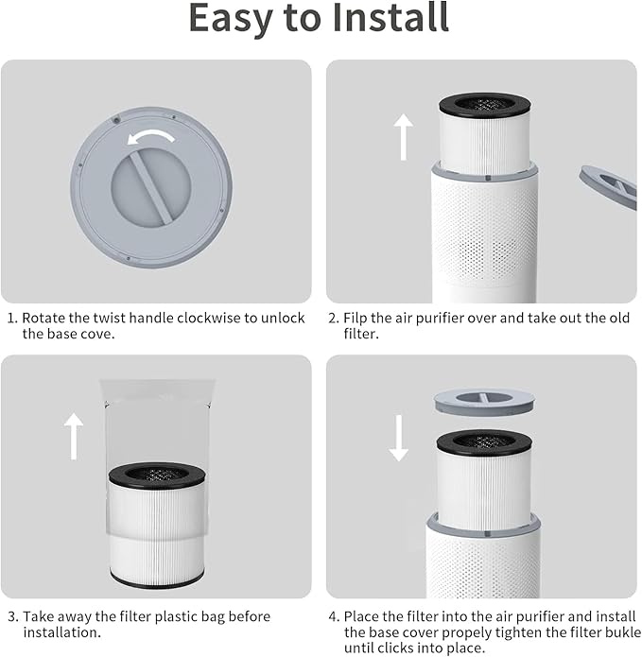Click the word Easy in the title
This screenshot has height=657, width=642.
pos(227,19)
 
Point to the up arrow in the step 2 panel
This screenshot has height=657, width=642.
pos(404,137)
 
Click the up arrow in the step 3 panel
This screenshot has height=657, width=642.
pos(74,436)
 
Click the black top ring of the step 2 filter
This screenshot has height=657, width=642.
pos(484,105)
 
